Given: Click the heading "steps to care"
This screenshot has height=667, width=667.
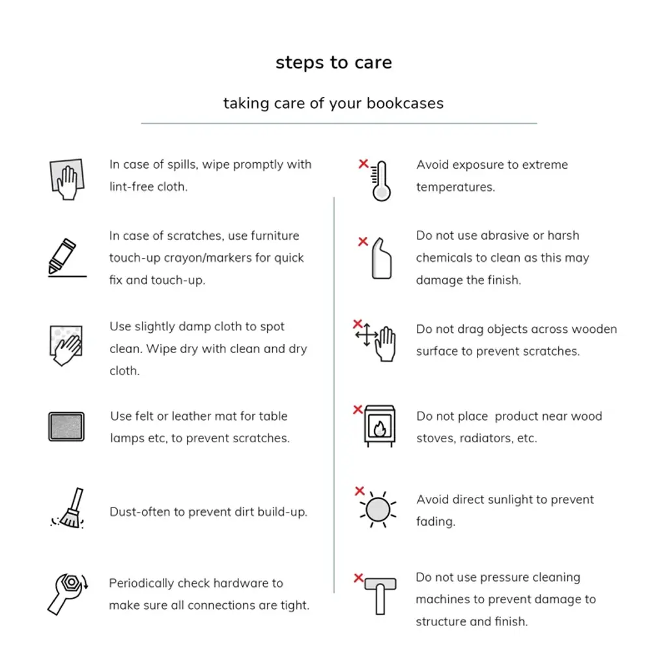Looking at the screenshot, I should pyautogui.click(x=333, y=63).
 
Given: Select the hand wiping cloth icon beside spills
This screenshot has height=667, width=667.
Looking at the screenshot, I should pyautogui.click(x=66, y=178).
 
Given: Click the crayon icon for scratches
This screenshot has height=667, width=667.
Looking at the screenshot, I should pyautogui.click(x=64, y=257).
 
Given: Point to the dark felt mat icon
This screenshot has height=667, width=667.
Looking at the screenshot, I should pyautogui.click(x=66, y=427).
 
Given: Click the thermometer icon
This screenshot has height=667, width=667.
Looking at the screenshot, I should pyautogui.click(x=381, y=181).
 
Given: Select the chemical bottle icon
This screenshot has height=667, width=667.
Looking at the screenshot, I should pyautogui.click(x=382, y=259).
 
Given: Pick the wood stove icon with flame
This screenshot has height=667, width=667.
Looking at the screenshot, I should pyautogui.click(x=379, y=426).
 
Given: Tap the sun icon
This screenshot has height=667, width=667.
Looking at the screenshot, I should pyautogui.click(x=378, y=509).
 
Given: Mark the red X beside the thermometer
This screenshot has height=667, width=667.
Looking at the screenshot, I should pyautogui.click(x=363, y=164).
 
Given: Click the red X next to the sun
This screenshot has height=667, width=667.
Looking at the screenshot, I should pyautogui.click(x=359, y=491).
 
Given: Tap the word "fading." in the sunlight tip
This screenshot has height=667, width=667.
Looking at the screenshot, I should pyautogui.click(x=436, y=521).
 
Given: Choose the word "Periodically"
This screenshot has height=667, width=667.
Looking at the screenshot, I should pyautogui.click(x=141, y=583).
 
